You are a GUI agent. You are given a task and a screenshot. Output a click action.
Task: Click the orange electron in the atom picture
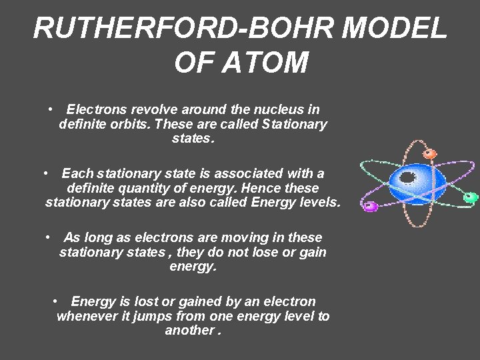[x=430, y=154]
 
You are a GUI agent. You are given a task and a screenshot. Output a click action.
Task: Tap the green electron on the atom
[x=470, y=197]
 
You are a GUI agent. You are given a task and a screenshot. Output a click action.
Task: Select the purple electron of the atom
[x=370, y=207]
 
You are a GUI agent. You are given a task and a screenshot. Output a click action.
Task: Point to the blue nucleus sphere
[x=416, y=184]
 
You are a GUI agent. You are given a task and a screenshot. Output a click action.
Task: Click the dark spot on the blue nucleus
[x=407, y=177]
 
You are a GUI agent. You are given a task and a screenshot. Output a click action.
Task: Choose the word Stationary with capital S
[x=295, y=125]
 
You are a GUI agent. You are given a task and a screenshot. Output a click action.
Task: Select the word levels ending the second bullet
[x=320, y=202]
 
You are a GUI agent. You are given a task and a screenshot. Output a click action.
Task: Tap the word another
[x=189, y=331]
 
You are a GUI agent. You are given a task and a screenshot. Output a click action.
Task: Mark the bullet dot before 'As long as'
[x=49, y=237]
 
